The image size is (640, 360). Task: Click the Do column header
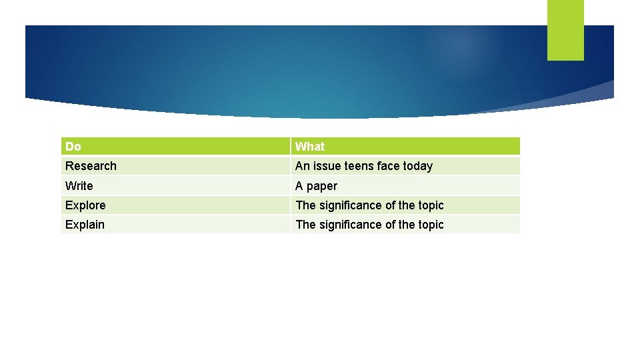point(73,147)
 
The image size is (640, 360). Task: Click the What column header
point(310,147)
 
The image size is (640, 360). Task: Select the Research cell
point(91,166)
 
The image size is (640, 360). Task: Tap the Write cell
point(79,186)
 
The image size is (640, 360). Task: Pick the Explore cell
point(85,205)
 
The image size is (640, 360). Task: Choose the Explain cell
point(85,225)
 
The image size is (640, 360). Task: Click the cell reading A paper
point(317,186)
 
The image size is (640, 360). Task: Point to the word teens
point(359,166)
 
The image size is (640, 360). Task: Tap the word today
point(417,166)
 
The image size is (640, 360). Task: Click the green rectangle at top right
point(565,29)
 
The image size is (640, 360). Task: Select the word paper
point(322,186)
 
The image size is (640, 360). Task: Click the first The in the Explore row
point(305,205)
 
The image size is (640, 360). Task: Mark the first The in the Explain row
point(305,225)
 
